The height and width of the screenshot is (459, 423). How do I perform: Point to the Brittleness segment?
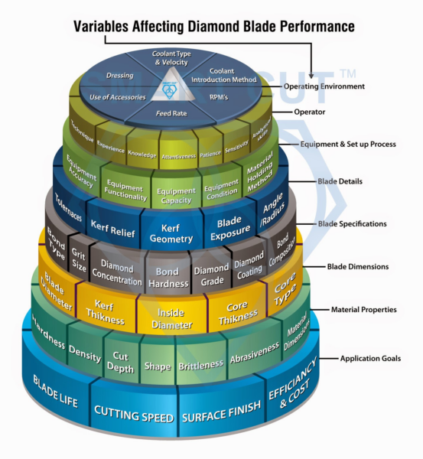pos(200,365)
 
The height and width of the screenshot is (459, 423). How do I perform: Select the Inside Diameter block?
pos(171,317)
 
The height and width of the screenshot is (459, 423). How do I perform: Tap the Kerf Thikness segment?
pos(106,309)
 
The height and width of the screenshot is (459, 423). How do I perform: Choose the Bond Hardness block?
pos(167,277)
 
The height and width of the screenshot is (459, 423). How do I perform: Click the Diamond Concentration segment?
pos(117,274)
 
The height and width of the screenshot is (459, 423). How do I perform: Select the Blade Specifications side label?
pos(352,224)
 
